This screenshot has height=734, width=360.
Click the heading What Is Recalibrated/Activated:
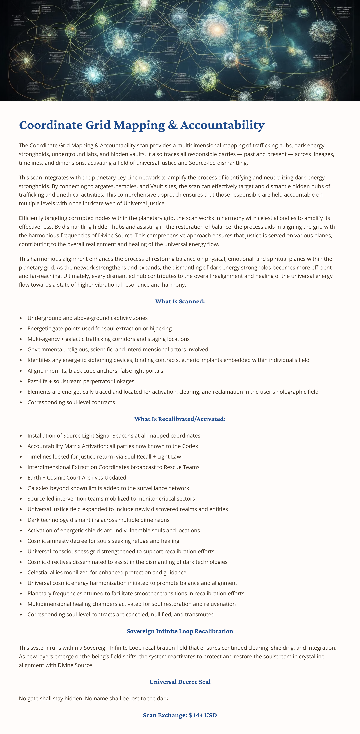(x=180, y=419)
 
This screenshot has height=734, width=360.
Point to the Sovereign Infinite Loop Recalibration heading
(x=180, y=631)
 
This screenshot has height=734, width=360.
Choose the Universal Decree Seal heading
(x=180, y=682)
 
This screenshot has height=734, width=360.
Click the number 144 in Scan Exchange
(x=198, y=715)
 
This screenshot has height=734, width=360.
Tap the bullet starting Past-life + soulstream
(x=81, y=381)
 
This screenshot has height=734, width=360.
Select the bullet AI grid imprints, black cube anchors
(x=95, y=371)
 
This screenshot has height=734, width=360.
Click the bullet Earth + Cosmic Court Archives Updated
(x=77, y=478)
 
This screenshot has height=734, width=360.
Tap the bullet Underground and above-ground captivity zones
(x=87, y=318)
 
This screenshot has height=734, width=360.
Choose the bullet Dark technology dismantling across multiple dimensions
(x=98, y=520)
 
